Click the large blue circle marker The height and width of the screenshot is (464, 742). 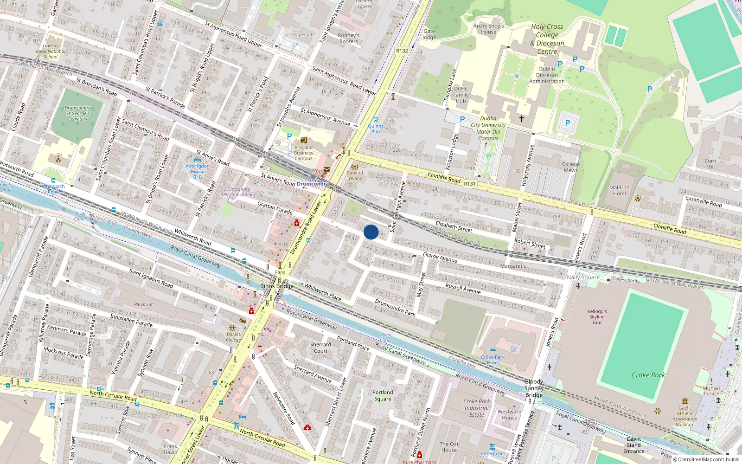tap(371, 232)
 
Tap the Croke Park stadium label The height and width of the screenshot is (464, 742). tap(648, 375)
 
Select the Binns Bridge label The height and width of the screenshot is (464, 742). tap(276, 286)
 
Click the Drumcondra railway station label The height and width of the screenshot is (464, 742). tap(313, 184)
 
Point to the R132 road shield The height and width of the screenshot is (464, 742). tap(402, 51)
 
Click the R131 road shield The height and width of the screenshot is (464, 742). tap(469, 184)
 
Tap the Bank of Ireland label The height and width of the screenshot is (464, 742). tap(355, 175)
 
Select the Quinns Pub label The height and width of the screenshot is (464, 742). tap(375, 129)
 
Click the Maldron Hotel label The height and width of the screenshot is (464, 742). tap(619, 191)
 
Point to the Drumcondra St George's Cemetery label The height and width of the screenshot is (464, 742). tap(77, 113)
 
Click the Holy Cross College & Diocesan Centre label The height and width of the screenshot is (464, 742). tap(547, 39)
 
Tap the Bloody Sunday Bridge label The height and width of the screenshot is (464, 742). tap(534, 388)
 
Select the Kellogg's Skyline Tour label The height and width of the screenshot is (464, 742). tap(597, 317)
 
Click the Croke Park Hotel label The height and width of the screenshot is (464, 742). tap(493, 360)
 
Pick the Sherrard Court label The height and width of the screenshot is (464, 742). tap(320, 348)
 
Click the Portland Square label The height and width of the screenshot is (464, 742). tap(383, 395)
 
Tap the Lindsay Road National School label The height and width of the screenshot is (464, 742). tap(51, 51)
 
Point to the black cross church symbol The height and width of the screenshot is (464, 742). tap(522, 119)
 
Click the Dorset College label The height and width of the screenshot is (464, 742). tap(233, 337)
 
